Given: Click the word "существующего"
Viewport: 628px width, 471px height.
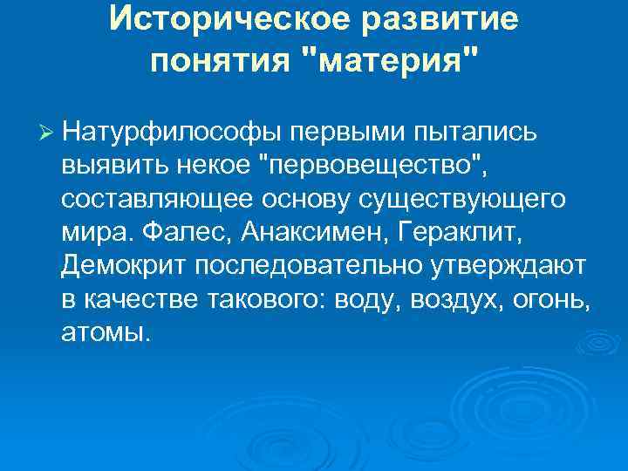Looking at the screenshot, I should (x=463, y=200).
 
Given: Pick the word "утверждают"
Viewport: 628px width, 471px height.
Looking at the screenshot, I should (x=509, y=266).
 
